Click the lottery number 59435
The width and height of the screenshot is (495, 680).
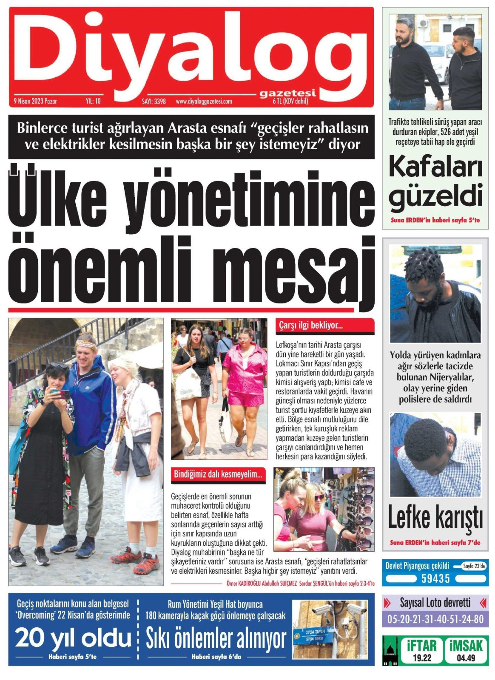pyautogui.click(x=435, y=578)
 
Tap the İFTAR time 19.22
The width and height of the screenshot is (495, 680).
pyautogui.click(x=421, y=658)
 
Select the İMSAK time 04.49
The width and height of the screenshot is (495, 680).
pyautogui.click(x=466, y=658)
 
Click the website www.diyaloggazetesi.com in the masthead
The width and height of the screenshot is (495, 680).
pyautogui.click(x=204, y=102)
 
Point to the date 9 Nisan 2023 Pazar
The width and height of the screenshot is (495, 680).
pyautogui.click(x=35, y=101)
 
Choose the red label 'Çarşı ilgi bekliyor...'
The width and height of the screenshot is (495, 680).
pyautogui.click(x=311, y=326)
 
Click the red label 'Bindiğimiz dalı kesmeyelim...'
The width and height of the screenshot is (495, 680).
pyautogui.click(x=218, y=475)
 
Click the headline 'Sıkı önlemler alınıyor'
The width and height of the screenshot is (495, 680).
pyautogui.click(x=216, y=639)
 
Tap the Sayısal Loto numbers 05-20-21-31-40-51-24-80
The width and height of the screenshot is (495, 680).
pyautogui.click(x=435, y=619)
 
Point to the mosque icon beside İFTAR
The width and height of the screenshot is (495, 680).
pyautogui.click(x=390, y=650)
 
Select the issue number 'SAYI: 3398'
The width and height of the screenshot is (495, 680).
pyautogui.click(x=154, y=102)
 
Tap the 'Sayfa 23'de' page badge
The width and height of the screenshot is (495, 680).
pyautogui.click(x=474, y=566)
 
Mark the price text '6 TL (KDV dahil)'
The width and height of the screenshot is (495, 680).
pyautogui.click(x=290, y=101)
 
